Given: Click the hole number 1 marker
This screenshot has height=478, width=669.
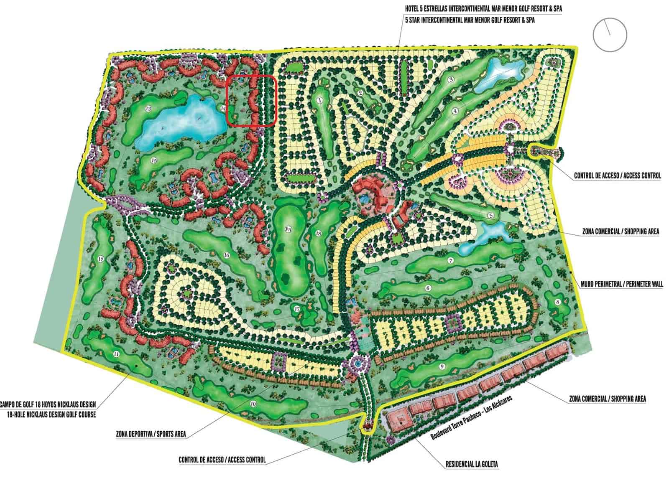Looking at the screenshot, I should click(x=319, y=100).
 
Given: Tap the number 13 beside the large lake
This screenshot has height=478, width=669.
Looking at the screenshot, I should click(x=148, y=109).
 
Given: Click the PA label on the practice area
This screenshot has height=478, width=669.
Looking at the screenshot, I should click(x=287, y=229).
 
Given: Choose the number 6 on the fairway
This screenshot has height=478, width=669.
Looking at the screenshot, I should click(x=428, y=288).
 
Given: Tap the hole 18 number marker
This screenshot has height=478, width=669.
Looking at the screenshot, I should click(x=319, y=233).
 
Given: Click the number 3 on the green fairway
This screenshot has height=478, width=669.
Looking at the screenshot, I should click(x=451, y=79).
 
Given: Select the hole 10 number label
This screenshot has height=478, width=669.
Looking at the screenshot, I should click(x=253, y=404).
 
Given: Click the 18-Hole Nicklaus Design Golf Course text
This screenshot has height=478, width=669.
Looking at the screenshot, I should click(x=52, y=415).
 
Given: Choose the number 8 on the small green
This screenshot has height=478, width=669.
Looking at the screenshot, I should click(x=557, y=302).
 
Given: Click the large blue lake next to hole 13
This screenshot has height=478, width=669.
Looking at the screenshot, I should click(x=184, y=121).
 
